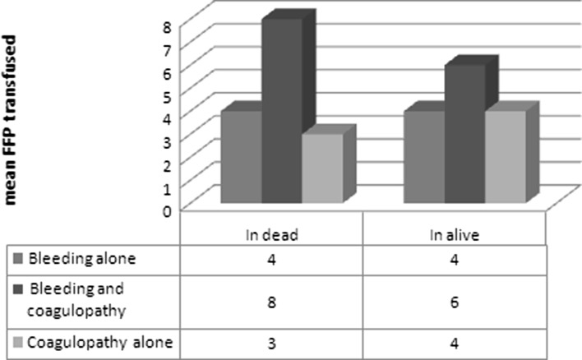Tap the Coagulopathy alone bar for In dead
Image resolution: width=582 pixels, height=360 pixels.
click(x=321, y=168)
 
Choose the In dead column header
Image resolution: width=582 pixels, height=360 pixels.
click(x=270, y=233)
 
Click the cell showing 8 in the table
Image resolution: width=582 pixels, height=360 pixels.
click(x=271, y=302)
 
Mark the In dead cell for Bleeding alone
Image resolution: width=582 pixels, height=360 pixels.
click(x=271, y=260)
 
